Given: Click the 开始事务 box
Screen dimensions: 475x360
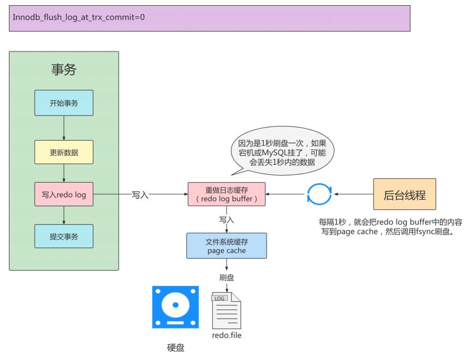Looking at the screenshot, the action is (x=64, y=103).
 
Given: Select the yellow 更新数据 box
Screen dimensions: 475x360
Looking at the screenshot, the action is (x=64, y=152).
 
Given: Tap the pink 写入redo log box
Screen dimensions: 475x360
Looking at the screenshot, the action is (x=64, y=194).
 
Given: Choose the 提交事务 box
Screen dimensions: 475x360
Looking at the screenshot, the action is (x=64, y=237).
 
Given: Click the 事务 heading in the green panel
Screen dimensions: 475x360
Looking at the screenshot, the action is (x=64, y=70).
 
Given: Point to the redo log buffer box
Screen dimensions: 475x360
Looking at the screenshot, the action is (x=227, y=194).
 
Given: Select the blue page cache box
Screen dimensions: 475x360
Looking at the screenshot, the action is (x=227, y=246).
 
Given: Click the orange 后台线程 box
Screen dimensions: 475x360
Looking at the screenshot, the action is (x=405, y=194).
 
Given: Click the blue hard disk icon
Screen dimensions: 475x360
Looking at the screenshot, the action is (x=175, y=307).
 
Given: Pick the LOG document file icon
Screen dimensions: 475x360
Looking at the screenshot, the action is (x=226, y=311).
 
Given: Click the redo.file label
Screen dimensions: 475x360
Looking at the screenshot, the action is (x=227, y=335).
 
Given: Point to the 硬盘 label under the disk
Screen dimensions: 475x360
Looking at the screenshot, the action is (x=176, y=347).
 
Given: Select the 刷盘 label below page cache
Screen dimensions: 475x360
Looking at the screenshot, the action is (x=227, y=278).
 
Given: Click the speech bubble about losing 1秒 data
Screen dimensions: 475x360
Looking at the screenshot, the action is (x=282, y=151).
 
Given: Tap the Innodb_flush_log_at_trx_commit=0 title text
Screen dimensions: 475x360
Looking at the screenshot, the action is (x=78, y=17).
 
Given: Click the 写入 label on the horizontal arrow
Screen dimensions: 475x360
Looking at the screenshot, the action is (x=140, y=195).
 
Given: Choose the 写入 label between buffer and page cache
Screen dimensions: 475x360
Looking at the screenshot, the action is (x=227, y=220).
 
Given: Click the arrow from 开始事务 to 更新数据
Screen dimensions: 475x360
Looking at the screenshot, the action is (x=64, y=128).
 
